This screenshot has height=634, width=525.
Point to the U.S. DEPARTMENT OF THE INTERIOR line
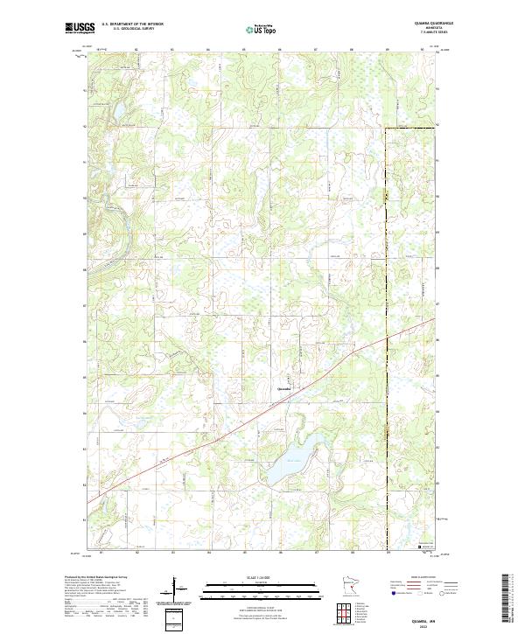(x=132, y=24)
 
